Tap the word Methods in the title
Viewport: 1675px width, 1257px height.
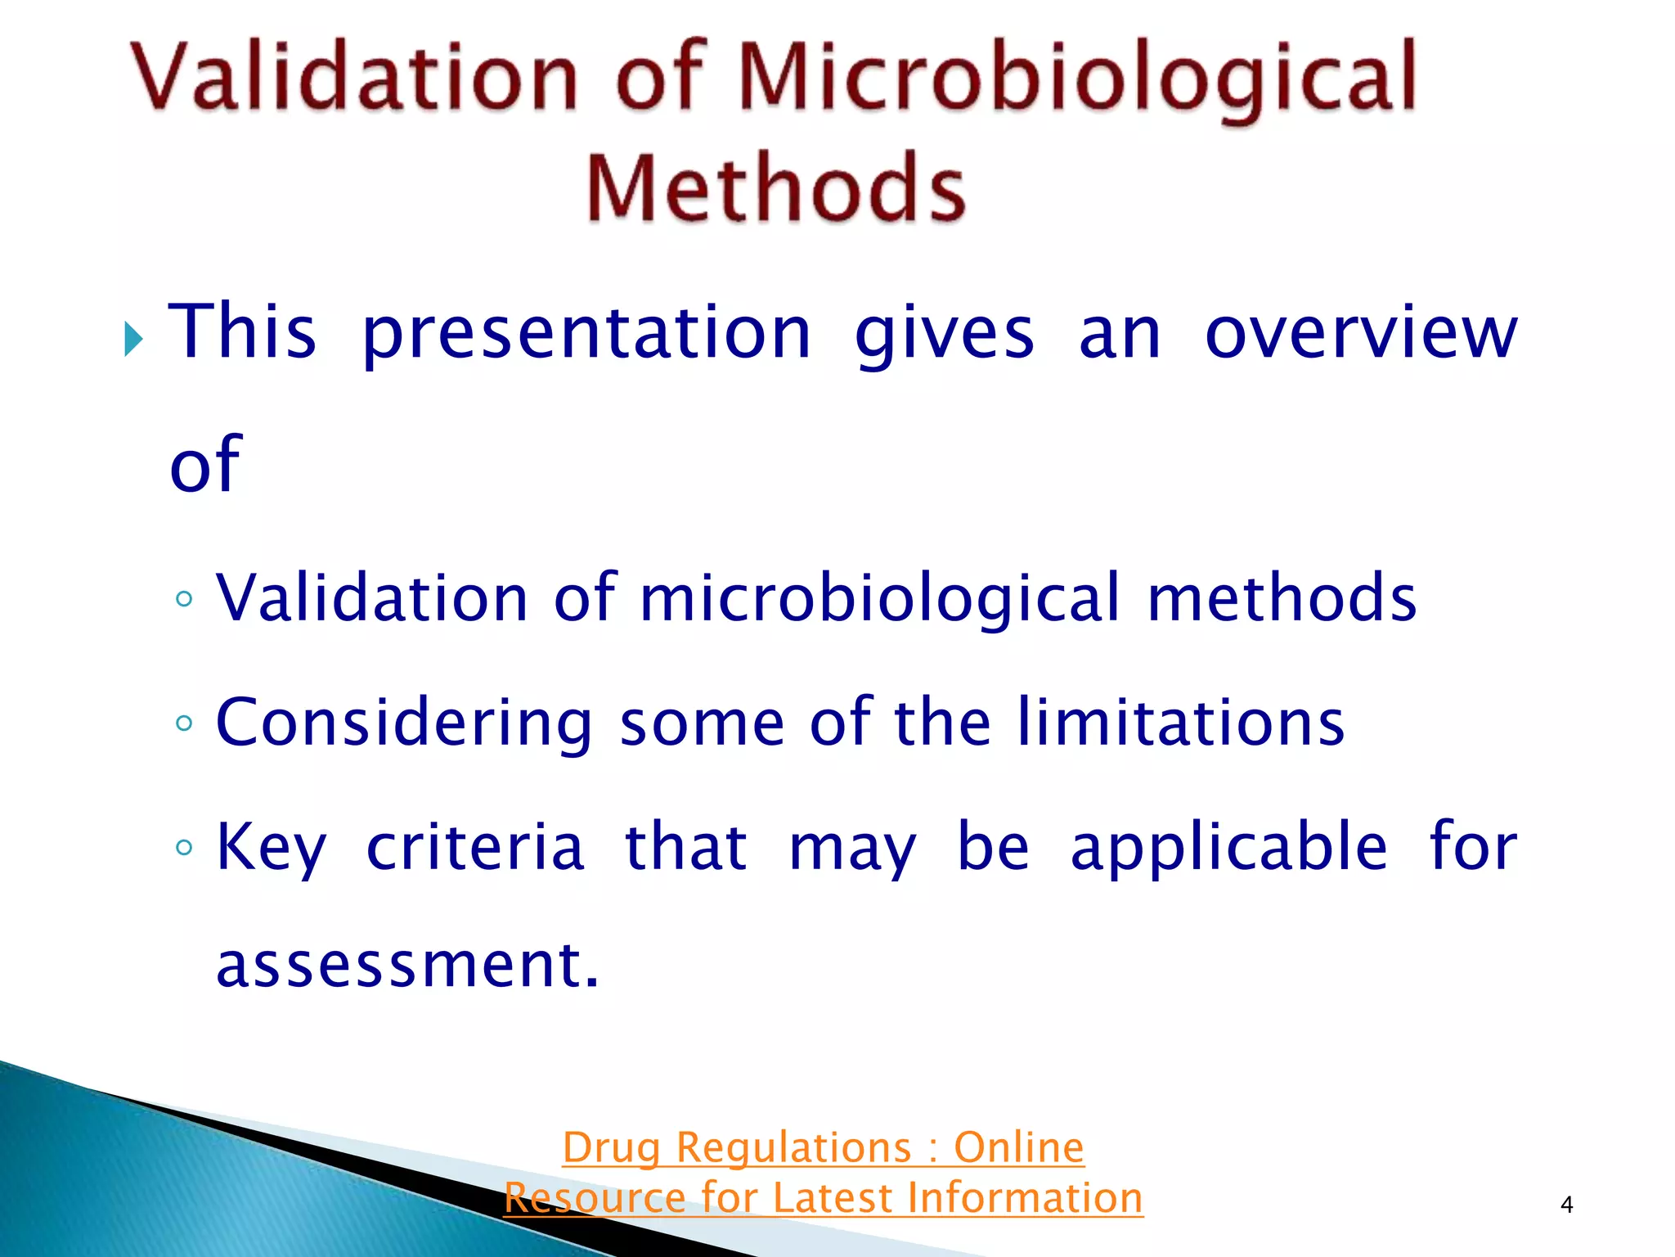(x=775, y=188)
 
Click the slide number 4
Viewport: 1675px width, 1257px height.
(x=1566, y=1204)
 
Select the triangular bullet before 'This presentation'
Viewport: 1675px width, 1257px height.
(x=133, y=339)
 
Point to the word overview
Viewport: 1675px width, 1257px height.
(x=1361, y=332)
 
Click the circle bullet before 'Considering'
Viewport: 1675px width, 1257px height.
(x=184, y=723)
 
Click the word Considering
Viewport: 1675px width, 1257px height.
(x=404, y=723)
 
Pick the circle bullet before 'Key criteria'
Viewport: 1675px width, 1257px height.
(x=184, y=848)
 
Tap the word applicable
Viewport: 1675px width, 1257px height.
(x=1228, y=848)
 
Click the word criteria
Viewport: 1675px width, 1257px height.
(x=475, y=848)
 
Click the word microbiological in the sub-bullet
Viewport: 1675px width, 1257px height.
(x=879, y=598)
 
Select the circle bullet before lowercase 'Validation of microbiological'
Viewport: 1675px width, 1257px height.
(x=184, y=599)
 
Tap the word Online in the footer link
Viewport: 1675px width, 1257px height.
(x=1018, y=1147)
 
